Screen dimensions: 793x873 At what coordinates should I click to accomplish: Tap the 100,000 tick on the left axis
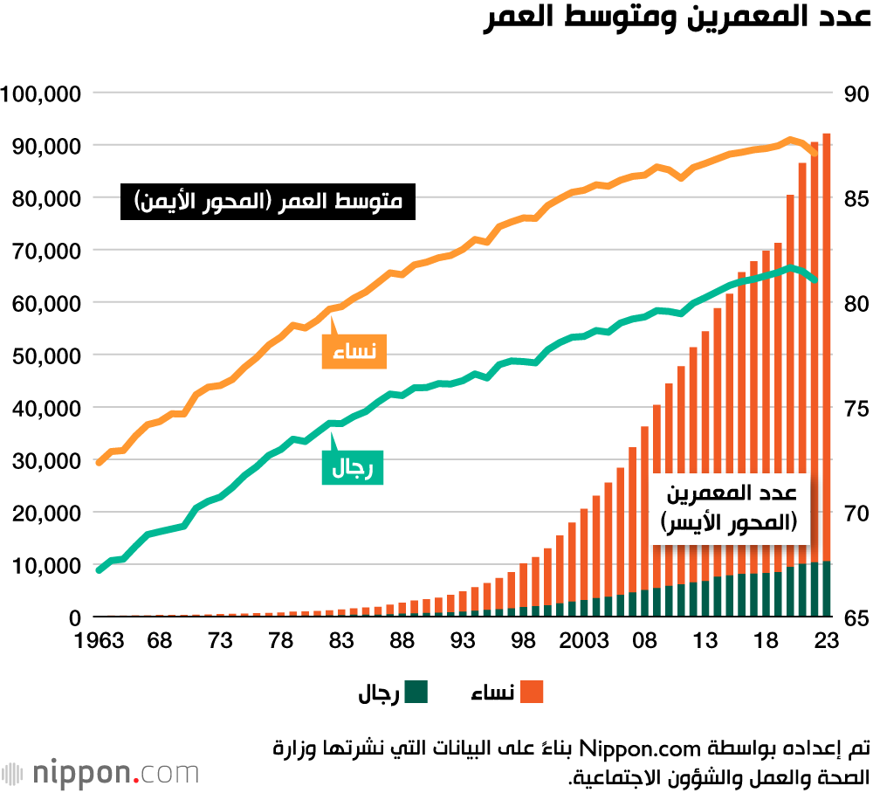[42, 93]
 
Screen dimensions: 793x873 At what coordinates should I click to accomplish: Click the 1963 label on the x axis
[99, 641]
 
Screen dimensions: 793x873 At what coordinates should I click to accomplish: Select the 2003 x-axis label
[584, 641]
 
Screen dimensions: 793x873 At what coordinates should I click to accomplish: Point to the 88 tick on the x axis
[402, 641]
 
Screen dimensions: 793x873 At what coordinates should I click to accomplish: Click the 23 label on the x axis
[827, 641]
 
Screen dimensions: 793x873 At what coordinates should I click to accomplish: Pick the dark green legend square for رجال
[416, 693]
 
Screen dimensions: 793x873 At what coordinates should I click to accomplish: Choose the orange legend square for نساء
[532, 693]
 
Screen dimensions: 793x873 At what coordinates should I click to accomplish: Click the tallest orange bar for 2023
[827, 349]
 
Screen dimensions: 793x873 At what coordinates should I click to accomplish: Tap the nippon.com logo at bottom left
[100, 772]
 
